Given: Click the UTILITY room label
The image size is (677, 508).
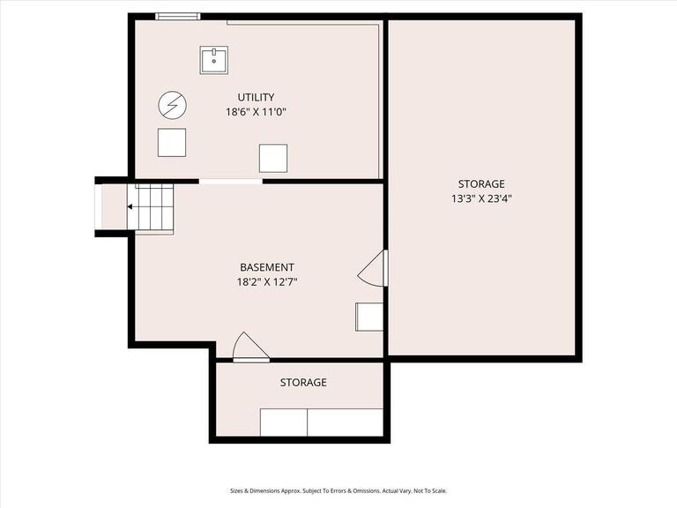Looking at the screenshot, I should [x=256, y=97].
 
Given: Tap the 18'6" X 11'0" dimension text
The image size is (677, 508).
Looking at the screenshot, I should [x=256, y=112].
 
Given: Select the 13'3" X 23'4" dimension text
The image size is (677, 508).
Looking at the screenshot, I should [x=481, y=198].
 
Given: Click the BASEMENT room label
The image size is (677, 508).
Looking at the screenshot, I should [x=267, y=267].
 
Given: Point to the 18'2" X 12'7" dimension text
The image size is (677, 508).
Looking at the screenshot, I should [x=267, y=282].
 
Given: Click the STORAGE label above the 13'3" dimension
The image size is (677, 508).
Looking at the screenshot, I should [x=481, y=183].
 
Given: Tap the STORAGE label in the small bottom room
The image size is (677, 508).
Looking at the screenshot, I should [x=303, y=382].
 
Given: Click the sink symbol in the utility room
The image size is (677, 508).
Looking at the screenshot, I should [x=214, y=60].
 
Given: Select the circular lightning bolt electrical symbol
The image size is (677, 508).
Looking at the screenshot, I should [x=172, y=106].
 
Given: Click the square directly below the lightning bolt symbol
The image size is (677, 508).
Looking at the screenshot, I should [x=172, y=142].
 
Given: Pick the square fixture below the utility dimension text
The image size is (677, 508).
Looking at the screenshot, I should [x=272, y=158].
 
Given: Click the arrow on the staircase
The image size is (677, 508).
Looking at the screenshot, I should [x=131, y=207].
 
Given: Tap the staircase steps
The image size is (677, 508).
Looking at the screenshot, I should [x=152, y=208].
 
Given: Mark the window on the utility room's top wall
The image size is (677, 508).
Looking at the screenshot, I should [x=178, y=16].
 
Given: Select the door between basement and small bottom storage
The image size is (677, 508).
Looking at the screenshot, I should [x=249, y=348].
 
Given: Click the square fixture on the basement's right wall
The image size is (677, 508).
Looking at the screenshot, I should [x=369, y=317].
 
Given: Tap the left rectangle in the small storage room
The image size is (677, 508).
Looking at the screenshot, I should [x=283, y=422].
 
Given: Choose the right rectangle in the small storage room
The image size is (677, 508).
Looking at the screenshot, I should [x=345, y=422].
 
